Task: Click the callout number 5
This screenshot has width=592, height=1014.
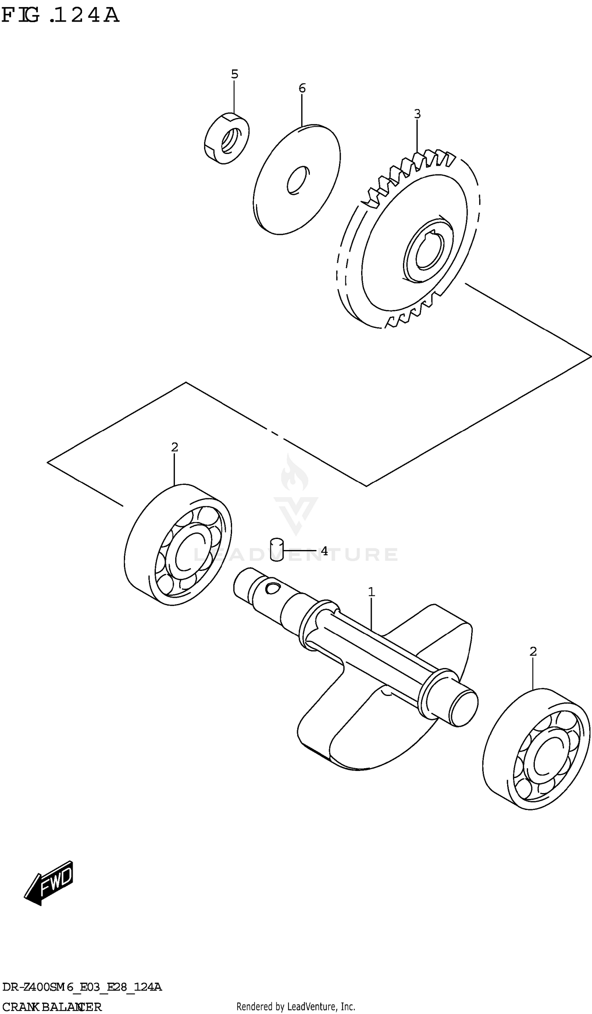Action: click(234, 75)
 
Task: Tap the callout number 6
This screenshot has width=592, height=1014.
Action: click(302, 88)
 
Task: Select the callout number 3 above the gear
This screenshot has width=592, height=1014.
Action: click(417, 114)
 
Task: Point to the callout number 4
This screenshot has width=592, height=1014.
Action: click(324, 551)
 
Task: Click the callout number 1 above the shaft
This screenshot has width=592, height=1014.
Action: click(371, 592)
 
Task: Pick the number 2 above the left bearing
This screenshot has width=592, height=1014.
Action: click(174, 447)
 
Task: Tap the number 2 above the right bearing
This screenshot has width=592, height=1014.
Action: click(533, 651)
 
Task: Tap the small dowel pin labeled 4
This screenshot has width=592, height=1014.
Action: click(277, 550)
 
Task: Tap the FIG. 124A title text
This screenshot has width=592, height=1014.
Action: click(60, 15)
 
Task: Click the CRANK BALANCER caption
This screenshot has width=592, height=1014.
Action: click(51, 1007)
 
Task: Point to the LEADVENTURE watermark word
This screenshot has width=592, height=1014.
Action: click(296, 554)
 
